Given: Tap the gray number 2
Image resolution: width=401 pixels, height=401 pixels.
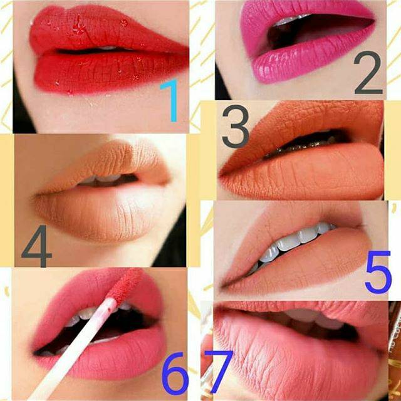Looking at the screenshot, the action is point(368,73).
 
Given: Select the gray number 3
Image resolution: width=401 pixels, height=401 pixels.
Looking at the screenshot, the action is point(236,126).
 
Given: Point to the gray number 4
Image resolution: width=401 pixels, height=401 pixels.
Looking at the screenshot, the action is point(38,246).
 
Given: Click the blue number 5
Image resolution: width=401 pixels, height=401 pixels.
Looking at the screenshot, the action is point(378,272).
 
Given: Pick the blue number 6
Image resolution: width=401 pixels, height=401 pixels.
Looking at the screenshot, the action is point(175,373).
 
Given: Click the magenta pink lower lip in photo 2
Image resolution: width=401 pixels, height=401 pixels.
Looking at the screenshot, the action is point(307,64).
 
